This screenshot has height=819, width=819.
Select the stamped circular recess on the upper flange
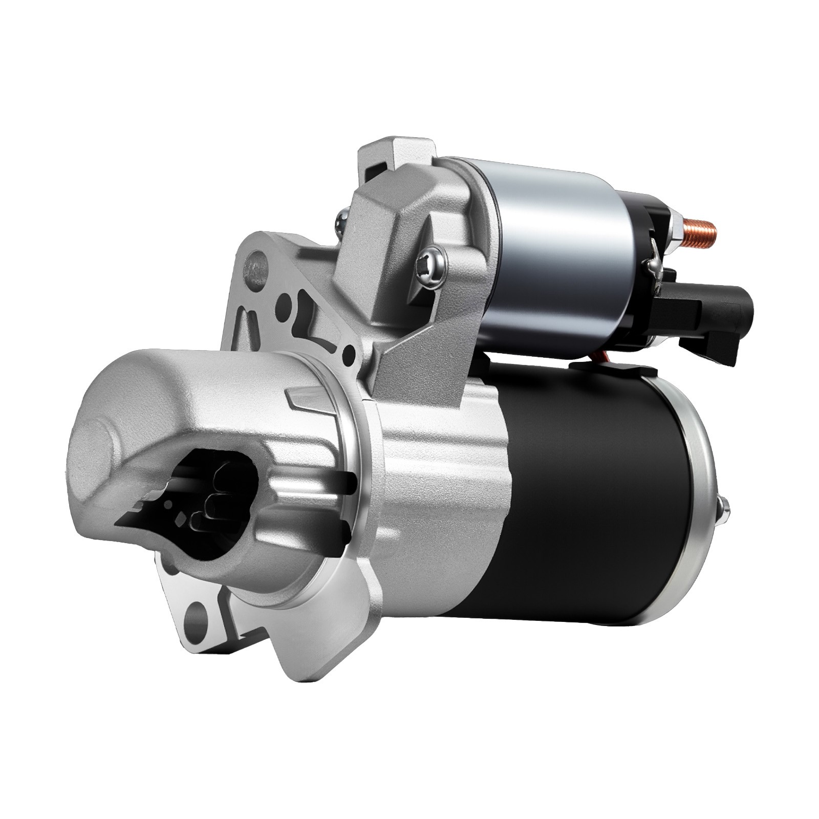(254, 266)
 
